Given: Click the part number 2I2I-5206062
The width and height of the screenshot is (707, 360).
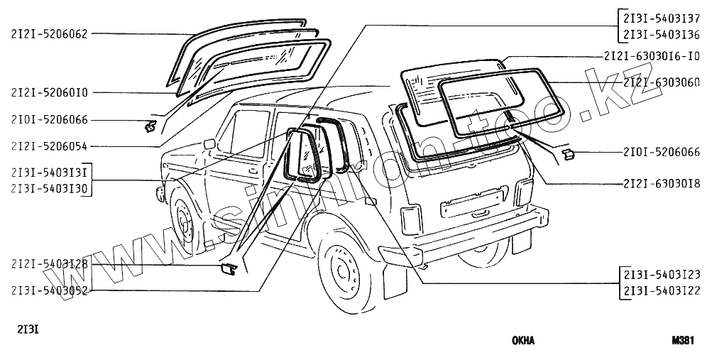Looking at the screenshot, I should coord(49,33).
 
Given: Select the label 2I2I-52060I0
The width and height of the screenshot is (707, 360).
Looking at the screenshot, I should coord(49,92).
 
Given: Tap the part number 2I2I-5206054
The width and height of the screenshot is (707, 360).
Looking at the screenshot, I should coord(49,147).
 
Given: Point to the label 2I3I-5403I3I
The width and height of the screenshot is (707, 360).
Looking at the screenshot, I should coord(49,173).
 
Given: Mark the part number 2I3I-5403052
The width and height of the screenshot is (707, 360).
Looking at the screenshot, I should coord(49,290).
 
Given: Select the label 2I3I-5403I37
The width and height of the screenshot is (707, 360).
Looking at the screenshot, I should coord(661,19).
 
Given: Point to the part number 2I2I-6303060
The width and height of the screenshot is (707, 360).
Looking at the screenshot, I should coord(661,82).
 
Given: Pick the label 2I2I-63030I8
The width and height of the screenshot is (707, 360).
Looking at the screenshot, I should coord(661,183).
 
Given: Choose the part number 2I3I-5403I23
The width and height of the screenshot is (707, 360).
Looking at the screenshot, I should coord(661,274).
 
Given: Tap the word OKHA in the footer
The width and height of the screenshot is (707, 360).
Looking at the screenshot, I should coord(523,340).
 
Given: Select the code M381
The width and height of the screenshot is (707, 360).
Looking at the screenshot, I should coord(682,340).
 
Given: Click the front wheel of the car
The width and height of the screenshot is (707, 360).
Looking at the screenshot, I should coord(183,224).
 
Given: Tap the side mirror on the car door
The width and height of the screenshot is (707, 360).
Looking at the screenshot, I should coord(209,144).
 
